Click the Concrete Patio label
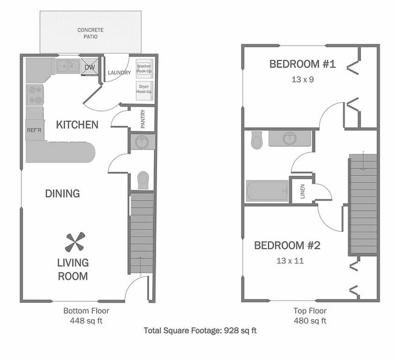[x=91, y=33]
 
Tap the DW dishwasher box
[x=90, y=67]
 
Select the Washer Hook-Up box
[x=144, y=69]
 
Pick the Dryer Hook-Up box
[x=144, y=89]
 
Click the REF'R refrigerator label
[x=34, y=130]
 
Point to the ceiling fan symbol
[x=74, y=243]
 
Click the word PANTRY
[x=143, y=118]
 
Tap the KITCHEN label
[x=77, y=125]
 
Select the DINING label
[x=63, y=193]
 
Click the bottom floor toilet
[x=143, y=180]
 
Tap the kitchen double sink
[x=69, y=66]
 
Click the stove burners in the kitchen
[x=35, y=95]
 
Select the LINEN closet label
[x=303, y=191]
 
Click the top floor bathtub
[x=267, y=192]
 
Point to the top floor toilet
[x=256, y=140]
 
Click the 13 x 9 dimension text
[x=303, y=79]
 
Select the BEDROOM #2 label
[x=287, y=246]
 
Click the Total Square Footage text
[x=201, y=331]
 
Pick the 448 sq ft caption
[x=86, y=320]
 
